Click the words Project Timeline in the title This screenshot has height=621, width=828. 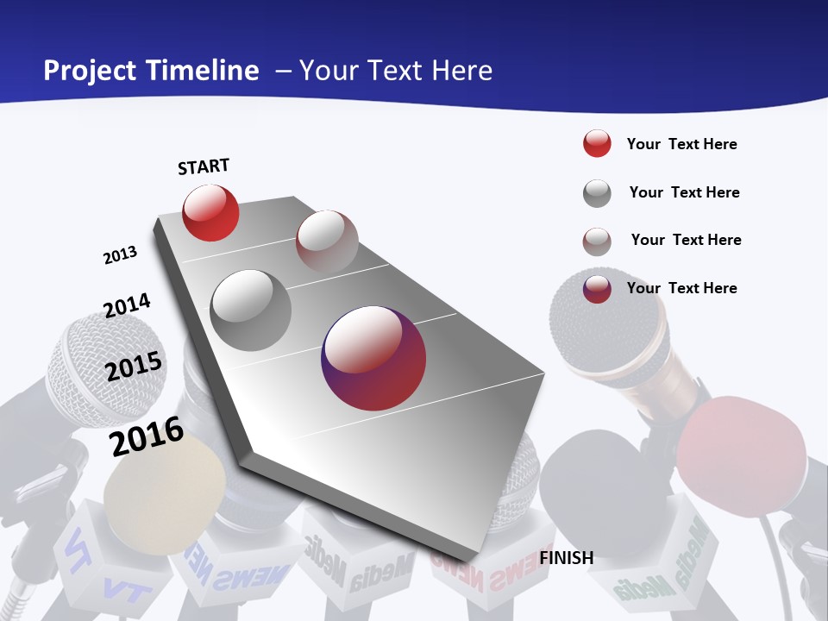pyautogui.click(x=151, y=71)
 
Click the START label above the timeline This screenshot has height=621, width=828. pyautogui.click(x=204, y=166)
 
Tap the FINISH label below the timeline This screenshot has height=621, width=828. pyautogui.click(x=567, y=558)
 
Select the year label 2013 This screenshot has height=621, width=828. pyautogui.click(x=121, y=255)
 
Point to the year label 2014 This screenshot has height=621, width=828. pyautogui.click(x=127, y=305)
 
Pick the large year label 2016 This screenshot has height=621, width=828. pyautogui.click(x=147, y=436)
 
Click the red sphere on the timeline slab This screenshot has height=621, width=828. pyautogui.click(x=210, y=212)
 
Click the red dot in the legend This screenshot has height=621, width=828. pyautogui.click(x=597, y=144)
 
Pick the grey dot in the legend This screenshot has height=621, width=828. pyautogui.click(x=597, y=193)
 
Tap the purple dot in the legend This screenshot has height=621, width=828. pyautogui.click(x=597, y=289)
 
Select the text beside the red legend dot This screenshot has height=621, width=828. pyautogui.click(x=681, y=144)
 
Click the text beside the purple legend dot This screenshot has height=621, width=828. pyautogui.click(x=681, y=288)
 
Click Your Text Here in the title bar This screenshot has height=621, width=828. pyautogui.click(x=396, y=71)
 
